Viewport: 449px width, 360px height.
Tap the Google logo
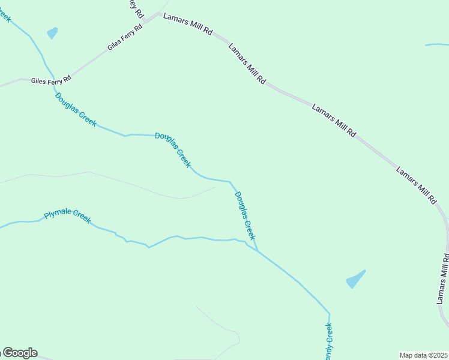click(x=20, y=353)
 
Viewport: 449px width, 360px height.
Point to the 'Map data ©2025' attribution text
click(x=423, y=355)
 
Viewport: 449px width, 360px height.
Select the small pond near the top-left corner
click(x=52, y=33)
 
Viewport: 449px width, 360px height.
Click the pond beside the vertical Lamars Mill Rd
click(x=355, y=279)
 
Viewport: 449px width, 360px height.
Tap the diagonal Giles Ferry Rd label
click(x=125, y=37)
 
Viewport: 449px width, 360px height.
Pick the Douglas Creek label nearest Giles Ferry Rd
click(x=76, y=109)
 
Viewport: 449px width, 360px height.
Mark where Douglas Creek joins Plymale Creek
click(x=257, y=250)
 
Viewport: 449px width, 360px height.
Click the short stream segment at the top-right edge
click(x=436, y=44)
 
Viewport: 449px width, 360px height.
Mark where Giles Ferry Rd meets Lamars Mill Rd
click(x=158, y=15)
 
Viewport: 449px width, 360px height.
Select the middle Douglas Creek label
click(x=173, y=149)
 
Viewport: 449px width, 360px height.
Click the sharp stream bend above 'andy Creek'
click(x=329, y=313)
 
